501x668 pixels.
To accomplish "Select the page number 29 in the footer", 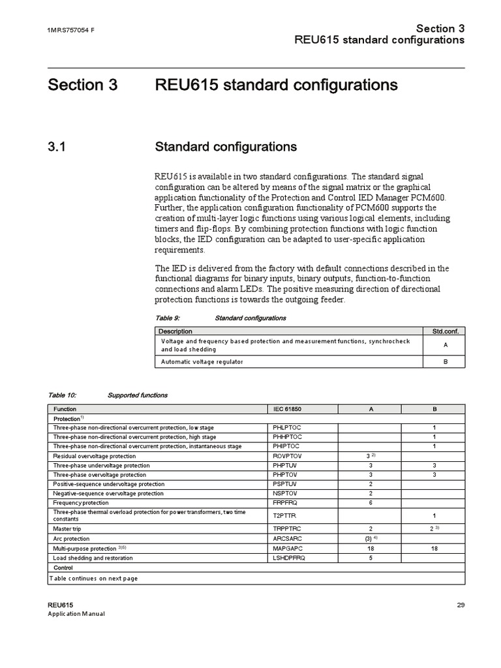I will (460, 605).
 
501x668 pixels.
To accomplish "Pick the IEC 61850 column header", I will (287, 408).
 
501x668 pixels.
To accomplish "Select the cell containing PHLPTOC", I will (287, 428).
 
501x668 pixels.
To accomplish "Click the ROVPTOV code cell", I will (288, 456).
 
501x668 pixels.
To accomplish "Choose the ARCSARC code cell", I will (288, 539).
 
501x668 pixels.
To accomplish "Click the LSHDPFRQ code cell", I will (289, 558).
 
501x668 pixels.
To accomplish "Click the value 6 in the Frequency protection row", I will (370, 503).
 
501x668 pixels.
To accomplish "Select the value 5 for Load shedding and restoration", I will (370, 558).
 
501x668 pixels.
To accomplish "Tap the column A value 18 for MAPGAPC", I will (370, 549).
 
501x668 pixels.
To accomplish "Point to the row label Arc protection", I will (71, 539).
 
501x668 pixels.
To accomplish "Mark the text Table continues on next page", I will (94, 578).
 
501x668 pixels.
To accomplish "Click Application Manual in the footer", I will (76, 614).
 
